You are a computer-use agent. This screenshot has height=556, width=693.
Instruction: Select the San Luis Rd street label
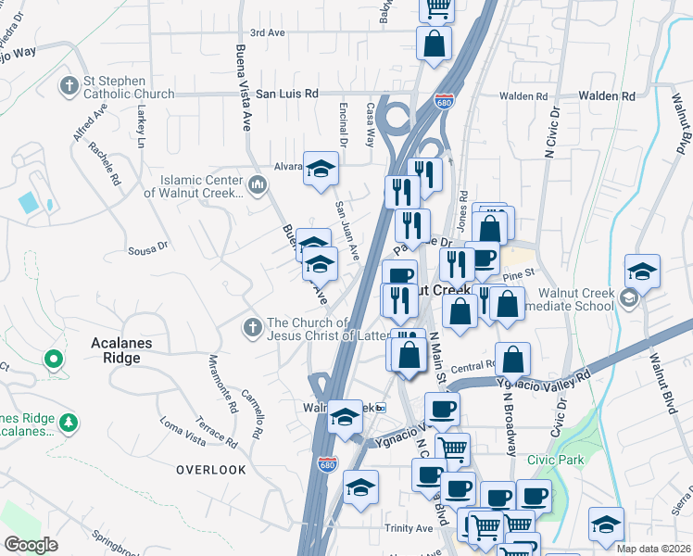(286, 94)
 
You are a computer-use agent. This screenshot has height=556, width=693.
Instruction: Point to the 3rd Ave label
(267, 32)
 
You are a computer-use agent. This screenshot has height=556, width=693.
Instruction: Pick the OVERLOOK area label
(211, 470)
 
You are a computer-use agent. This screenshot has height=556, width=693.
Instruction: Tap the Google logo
(31, 544)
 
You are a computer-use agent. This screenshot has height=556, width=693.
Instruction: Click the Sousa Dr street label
(147, 247)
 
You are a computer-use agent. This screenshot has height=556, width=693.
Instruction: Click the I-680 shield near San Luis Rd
(445, 101)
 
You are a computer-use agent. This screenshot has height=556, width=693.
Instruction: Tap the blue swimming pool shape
(29, 201)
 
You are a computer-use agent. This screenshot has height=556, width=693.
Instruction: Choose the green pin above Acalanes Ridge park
(54, 359)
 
